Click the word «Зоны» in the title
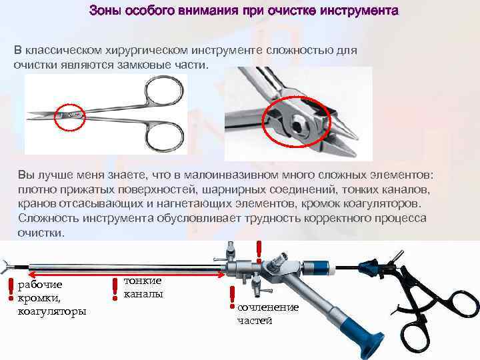point(105,12)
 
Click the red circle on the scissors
point(69,115)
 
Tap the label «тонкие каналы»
point(143,287)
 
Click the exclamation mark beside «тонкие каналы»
point(117,289)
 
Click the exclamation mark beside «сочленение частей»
point(231,298)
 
